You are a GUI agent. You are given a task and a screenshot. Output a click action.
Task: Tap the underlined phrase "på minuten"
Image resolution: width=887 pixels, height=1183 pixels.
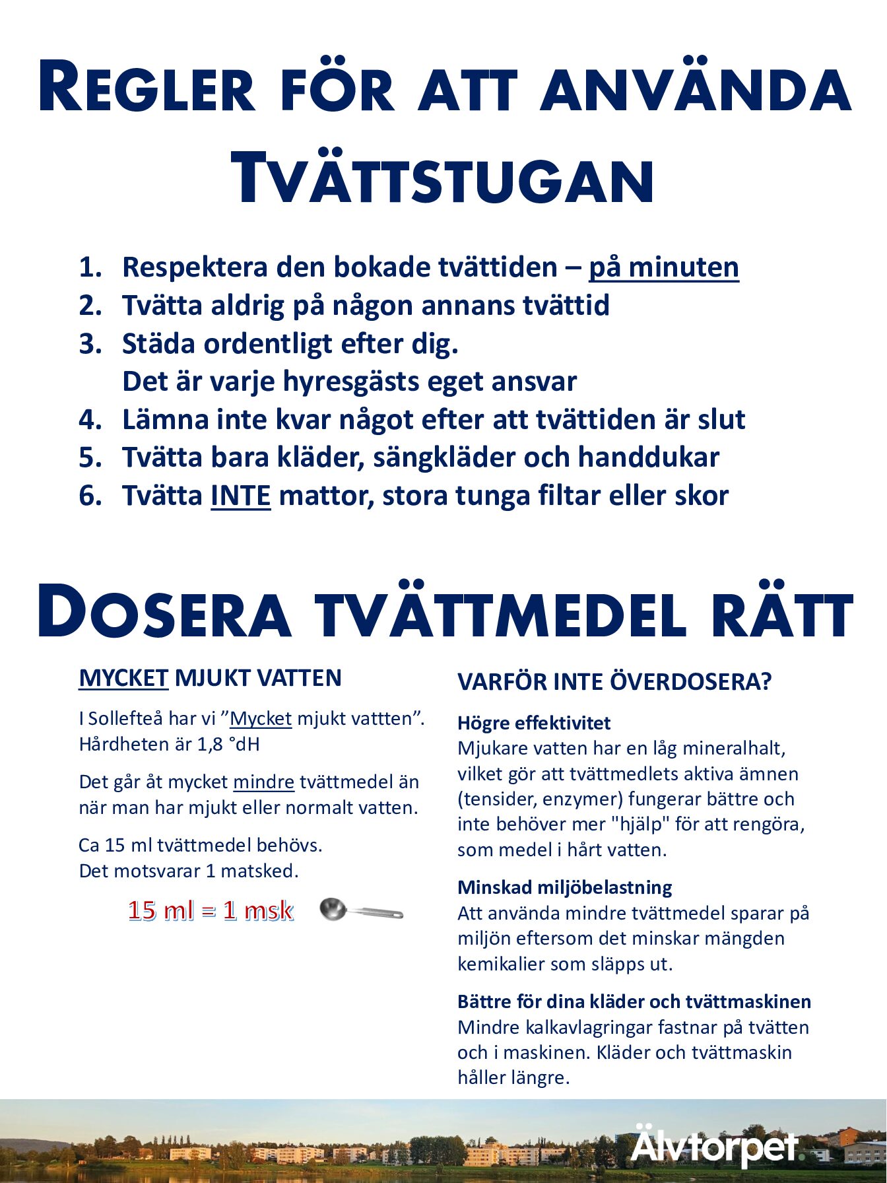pyautogui.click(x=663, y=267)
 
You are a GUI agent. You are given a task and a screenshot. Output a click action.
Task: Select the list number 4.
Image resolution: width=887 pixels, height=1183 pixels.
pyautogui.click(x=90, y=420)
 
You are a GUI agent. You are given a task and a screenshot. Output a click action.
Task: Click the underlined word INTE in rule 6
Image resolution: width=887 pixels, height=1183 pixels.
pyautogui.click(x=240, y=496)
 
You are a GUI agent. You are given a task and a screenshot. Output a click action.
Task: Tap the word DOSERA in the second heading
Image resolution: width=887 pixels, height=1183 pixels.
pyautogui.click(x=164, y=612)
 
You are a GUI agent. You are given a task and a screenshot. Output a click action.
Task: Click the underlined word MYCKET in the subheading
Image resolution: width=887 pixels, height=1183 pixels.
pyautogui.click(x=123, y=678)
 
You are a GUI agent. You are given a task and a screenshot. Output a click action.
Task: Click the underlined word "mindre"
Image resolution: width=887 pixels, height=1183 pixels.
pyautogui.click(x=263, y=782)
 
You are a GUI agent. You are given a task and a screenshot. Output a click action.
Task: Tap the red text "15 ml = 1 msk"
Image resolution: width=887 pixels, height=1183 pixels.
pyautogui.click(x=211, y=911)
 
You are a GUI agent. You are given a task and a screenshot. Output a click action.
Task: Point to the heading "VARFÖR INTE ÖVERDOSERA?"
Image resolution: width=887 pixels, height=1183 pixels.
pyautogui.click(x=614, y=682)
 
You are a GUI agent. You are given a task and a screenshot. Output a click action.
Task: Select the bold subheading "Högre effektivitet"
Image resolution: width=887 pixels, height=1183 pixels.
pyautogui.click(x=534, y=723)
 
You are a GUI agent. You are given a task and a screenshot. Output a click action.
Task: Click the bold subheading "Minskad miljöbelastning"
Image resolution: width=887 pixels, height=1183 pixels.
pyautogui.click(x=564, y=887)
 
